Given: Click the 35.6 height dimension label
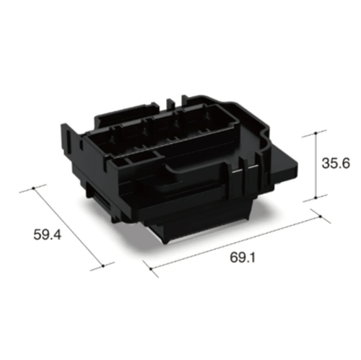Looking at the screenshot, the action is tap(336, 164).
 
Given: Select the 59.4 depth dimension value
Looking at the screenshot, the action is tap(48, 234).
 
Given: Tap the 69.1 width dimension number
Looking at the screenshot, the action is tap(243, 258).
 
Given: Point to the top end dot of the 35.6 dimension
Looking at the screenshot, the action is tap(316, 133).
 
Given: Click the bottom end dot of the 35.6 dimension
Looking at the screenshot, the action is tap(316, 198).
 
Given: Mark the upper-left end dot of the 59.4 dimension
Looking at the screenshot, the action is tap(34, 188).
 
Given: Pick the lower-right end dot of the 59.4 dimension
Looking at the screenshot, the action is tap(103, 265).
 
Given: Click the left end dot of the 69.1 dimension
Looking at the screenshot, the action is tap(151, 269).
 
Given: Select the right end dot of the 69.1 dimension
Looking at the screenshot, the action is tap(321, 216).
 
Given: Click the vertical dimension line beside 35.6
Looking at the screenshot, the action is tap(316, 165).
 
